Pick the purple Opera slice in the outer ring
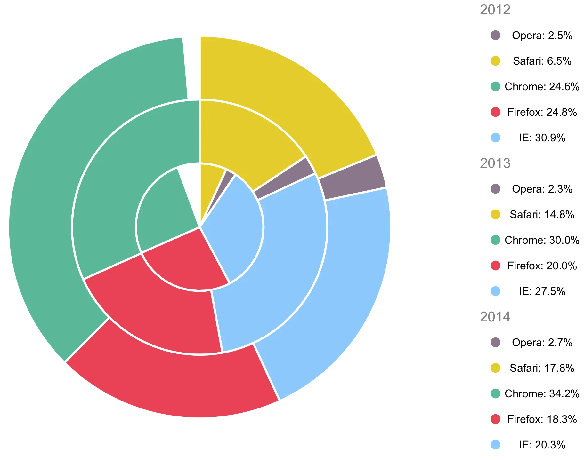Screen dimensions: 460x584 click(352, 178)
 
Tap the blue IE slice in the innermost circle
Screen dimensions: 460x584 click(234, 230)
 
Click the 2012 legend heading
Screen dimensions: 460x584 click(495, 10)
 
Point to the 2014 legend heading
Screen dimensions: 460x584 click(495, 317)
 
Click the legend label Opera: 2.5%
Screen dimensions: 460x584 click(542, 36)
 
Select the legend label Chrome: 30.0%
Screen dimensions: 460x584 click(542, 240)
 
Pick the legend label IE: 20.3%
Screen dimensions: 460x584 click(542, 445)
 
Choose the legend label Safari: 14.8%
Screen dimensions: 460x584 click(542, 215)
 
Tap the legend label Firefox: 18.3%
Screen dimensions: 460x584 click(542, 419)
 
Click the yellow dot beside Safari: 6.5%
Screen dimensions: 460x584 click(495, 61)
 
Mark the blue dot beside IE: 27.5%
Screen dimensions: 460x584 click(495, 291)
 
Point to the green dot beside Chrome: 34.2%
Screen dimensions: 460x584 click(495, 393)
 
